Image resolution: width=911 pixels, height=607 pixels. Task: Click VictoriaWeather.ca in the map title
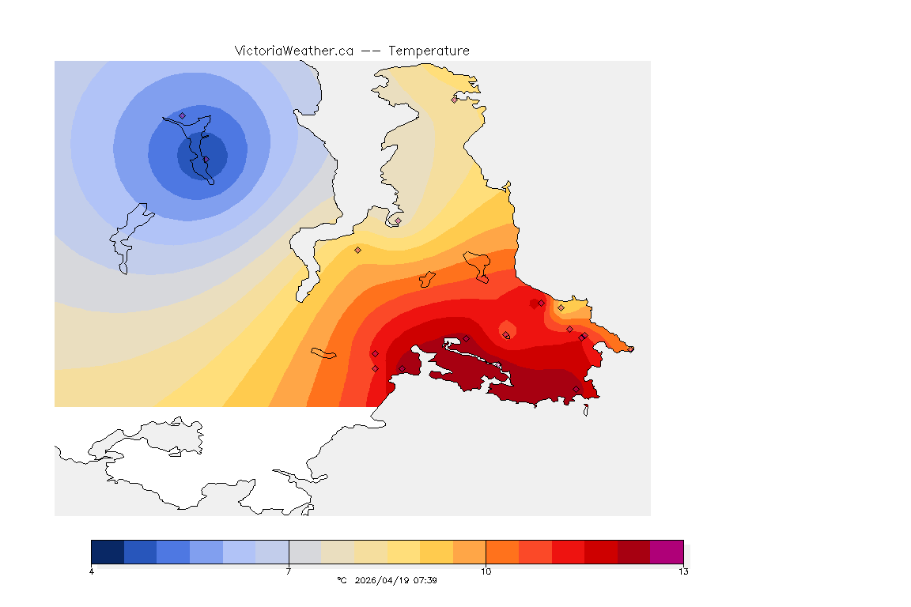pyautogui.click(x=293, y=51)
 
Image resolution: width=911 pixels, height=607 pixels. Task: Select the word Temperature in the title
pyautogui.click(x=429, y=51)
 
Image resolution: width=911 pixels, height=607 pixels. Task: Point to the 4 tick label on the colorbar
pyautogui.click(x=92, y=571)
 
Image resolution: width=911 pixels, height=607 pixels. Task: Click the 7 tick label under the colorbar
pyautogui.click(x=289, y=571)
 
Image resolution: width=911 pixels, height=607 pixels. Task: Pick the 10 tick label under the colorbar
pyautogui.click(x=486, y=571)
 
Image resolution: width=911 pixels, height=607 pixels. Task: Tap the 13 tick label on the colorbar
pyautogui.click(x=682, y=571)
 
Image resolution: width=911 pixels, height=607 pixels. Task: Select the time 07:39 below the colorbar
pyautogui.click(x=425, y=580)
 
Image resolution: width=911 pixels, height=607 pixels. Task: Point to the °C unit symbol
pyautogui.click(x=342, y=580)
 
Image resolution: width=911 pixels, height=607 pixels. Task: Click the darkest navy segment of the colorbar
pyautogui.click(x=108, y=551)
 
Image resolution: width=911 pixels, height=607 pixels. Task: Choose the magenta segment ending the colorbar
pyautogui.click(x=666, y=551)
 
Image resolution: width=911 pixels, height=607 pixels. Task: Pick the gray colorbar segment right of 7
pyautogui.click(x=304, y=551)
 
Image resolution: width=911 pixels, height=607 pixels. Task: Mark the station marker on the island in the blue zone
pyautogui.click(x=183, y=115)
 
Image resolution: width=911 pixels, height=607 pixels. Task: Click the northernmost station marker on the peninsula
pyautogui.click(x=454, y=100)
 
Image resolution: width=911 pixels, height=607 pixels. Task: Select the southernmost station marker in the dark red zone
pyautogui.click(x=576, y=389)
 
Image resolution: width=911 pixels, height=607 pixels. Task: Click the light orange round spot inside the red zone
pyautogui.click(x=507, y=328)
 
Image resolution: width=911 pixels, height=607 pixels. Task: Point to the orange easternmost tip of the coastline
pyautogui.click(x=630, y=349)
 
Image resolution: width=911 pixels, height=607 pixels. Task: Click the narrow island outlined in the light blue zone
pyautogui.click(x=127, y=237)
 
